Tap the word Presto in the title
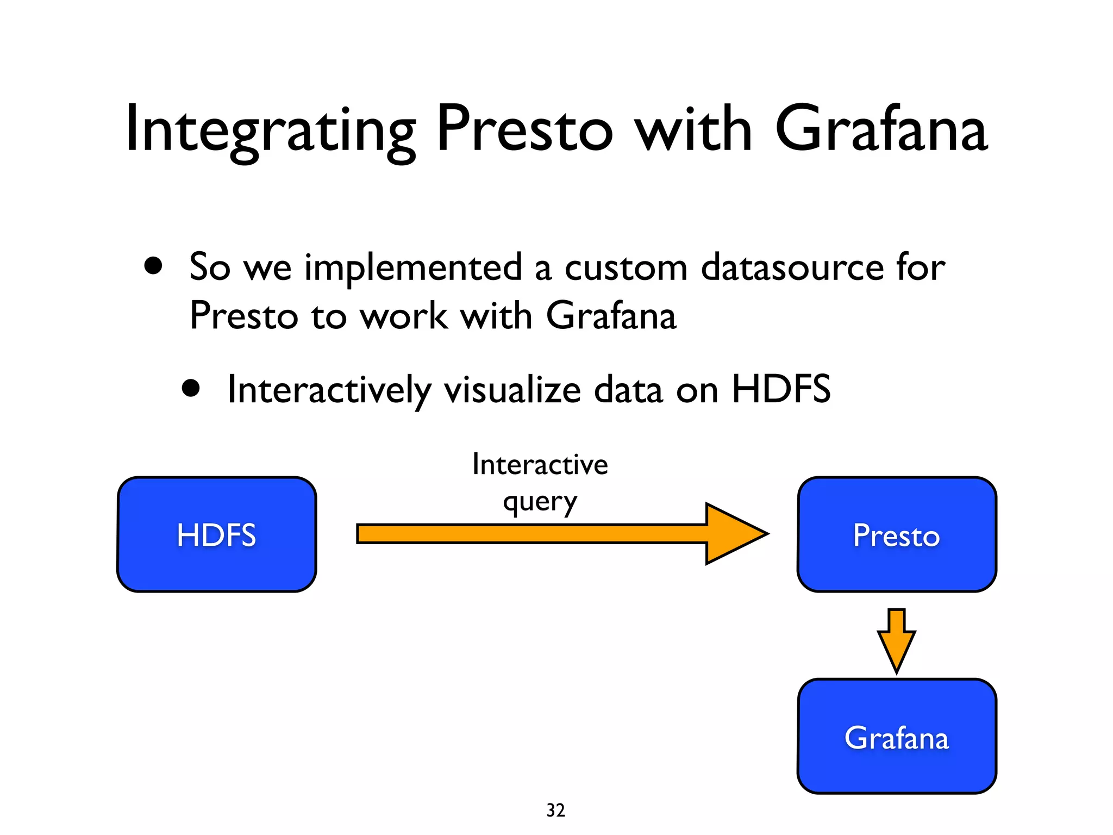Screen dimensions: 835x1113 (x=524, y=130)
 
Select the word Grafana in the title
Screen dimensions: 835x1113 (x=880, y=130)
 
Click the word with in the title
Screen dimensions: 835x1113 (x=694, y=130)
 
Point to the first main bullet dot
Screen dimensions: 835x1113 (x=153, y=266)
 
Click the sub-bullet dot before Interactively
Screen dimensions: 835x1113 (x=191, y=389)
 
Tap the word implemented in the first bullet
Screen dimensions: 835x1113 (x=413, y=267)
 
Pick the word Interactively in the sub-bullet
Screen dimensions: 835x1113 (x=329, y=390)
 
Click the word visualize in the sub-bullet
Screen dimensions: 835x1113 (x=512, y=390)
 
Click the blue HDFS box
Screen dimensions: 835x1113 (x=216, y=534)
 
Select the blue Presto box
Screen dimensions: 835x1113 (x=897, y=534)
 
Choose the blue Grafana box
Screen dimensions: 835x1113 (x=897, y=737)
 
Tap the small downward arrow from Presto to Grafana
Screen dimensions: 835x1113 (x=896, y=641)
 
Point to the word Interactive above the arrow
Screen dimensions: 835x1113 (x=540, y=465)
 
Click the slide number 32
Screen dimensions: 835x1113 (x=555, y=810)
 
